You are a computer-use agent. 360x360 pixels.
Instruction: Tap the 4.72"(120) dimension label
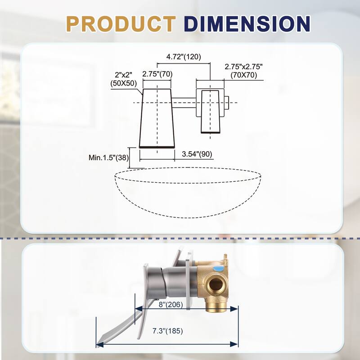tap(183, 57)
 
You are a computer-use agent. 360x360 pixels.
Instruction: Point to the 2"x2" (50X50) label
tap(122, 79)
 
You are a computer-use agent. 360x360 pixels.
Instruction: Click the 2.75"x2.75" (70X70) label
tap(243, 71)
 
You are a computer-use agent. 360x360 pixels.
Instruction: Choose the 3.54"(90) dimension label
tap(197, 154)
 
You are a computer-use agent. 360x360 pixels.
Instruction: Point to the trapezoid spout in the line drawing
tap(156, 118)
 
